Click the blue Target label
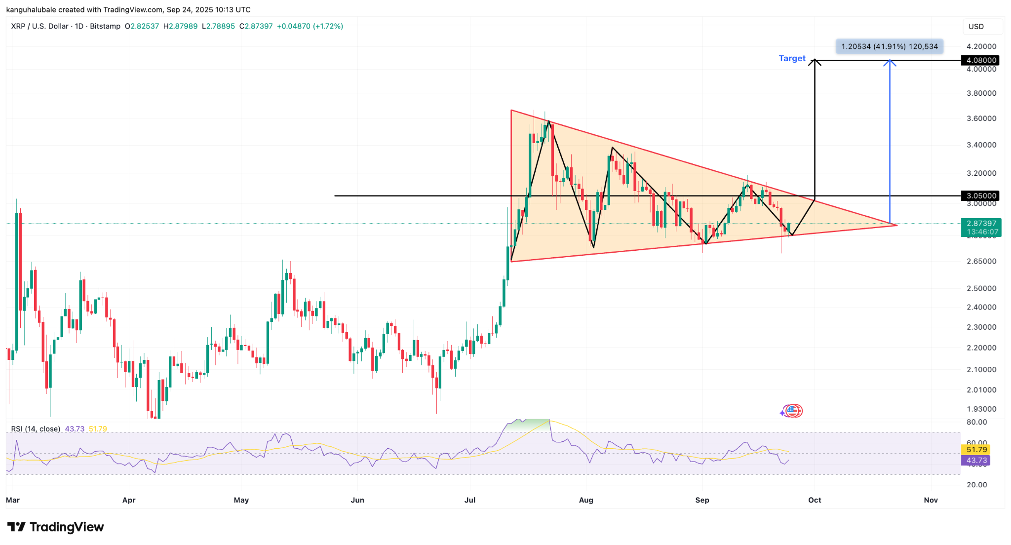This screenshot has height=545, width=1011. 792,58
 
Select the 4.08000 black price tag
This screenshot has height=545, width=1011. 981,60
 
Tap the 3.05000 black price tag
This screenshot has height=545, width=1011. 981,196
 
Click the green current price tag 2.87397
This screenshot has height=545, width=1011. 981,227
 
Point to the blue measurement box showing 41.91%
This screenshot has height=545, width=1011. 889,46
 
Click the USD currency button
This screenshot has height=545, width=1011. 976,27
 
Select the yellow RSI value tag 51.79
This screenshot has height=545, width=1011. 976,449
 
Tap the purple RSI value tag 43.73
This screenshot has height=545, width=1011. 976,460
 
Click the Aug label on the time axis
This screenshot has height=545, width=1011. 586,500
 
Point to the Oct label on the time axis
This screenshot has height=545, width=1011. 815,500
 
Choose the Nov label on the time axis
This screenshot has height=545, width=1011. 931,500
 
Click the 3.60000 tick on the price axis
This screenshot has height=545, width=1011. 981,118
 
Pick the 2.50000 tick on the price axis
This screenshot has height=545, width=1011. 981,288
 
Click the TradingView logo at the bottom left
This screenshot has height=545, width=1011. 55,527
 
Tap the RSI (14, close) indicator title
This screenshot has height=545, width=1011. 36,429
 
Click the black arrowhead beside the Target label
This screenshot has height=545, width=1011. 815,62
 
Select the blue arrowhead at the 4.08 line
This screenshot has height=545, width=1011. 890,62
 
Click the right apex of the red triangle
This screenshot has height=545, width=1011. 896,225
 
